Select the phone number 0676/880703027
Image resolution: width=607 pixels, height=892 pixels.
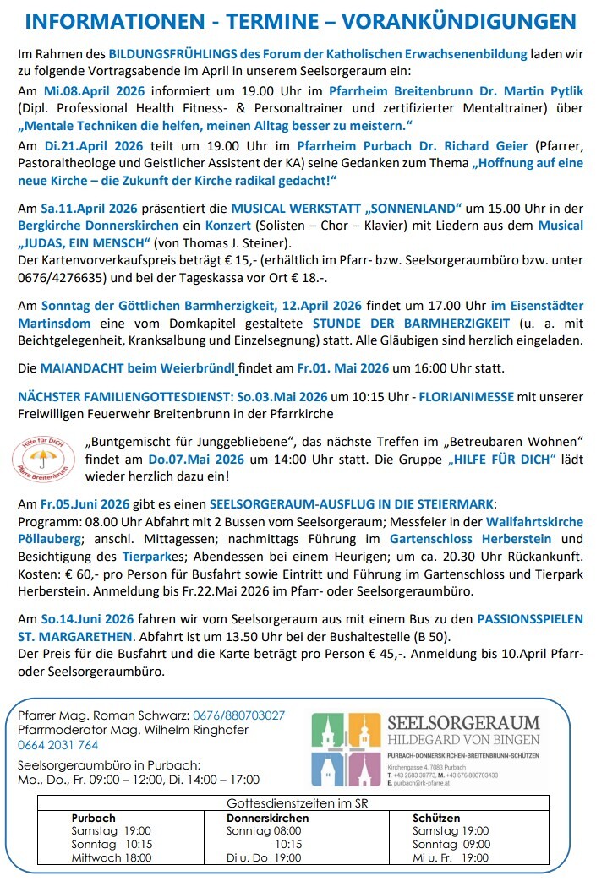point(238,715)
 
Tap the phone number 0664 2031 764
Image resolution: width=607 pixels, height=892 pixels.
point(57,745)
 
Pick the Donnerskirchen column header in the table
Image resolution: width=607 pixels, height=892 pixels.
point(268,818)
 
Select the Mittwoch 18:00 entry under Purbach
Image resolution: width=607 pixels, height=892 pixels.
point(112,857)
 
